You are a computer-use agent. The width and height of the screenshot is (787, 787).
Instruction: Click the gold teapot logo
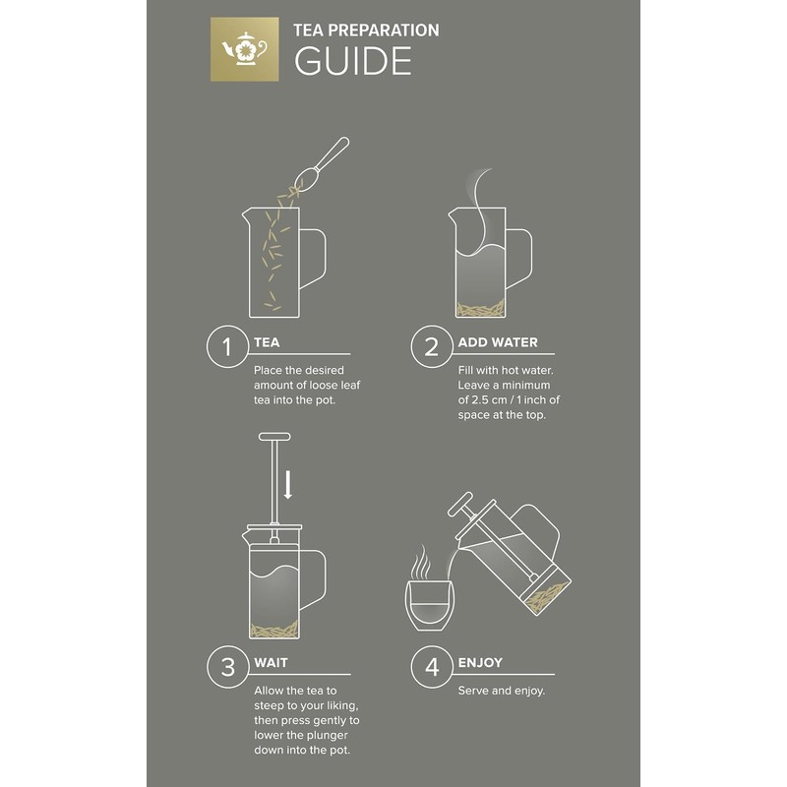(x=244, y=49)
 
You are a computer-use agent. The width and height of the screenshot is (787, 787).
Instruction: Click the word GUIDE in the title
(x=353, y=61)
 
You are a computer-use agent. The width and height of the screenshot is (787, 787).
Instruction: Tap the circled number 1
(x=227, y=346)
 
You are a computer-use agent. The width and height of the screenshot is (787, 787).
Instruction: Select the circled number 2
(x=432, y=346)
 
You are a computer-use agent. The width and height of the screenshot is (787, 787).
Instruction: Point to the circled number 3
(x=227, y=667)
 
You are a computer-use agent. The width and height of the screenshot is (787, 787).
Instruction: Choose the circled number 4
(x=432, y=667)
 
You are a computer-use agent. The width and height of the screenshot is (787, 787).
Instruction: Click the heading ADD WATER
(x=498, y=342)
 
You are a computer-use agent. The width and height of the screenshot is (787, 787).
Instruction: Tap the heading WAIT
(x=271, y=662)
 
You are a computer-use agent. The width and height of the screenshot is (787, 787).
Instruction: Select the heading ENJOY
(x=480, y=662)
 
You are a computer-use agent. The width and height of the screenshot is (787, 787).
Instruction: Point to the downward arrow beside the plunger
(x=287, y=484)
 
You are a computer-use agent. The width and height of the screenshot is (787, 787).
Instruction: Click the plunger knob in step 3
(x=274, y=437)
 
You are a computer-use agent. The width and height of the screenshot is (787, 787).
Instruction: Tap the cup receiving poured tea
(x=429, y=605)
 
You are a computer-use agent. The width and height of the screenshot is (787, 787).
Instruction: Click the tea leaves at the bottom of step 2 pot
(x=480, y=309)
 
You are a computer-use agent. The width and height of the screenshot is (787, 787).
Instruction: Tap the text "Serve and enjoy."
(x=502, y=691)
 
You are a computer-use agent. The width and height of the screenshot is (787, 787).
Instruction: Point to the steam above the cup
(x=421, y=562)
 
